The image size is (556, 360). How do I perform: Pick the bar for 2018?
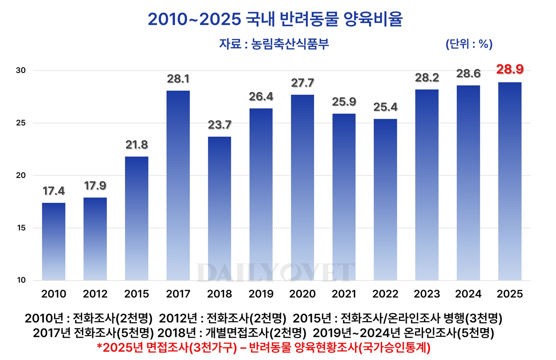click(219, 208)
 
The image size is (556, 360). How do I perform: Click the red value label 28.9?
click(510, 69)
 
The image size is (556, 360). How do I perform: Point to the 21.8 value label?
click(137, 145)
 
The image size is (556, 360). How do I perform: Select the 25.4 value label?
click(385, 107)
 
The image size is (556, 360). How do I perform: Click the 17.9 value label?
click(95, 186)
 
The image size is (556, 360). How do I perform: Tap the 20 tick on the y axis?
click(21, 175)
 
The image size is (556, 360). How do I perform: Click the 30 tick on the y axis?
click(21, 71)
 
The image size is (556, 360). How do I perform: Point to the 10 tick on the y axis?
click(21, 280)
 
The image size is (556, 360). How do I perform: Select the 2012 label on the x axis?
click(95, 294)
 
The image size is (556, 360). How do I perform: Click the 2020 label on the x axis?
click(302, 294)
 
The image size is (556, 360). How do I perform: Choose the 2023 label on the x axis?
click(427, 294)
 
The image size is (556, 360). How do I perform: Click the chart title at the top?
click(275, 19)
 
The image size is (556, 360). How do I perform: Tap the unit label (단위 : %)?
click(469, 44)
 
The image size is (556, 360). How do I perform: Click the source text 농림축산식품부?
click(290, 44)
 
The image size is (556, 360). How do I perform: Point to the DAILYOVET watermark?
click(275, 273)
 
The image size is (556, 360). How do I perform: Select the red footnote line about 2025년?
click(264, 348)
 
